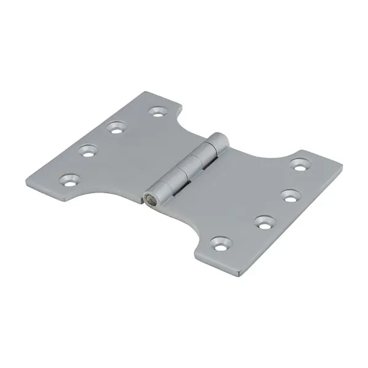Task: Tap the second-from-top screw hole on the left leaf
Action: (x=115, y=128)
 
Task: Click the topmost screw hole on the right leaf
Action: (x=299, y=164)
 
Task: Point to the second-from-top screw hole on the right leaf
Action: (x=287, y=196)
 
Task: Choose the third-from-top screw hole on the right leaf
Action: (x=264, y=221)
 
